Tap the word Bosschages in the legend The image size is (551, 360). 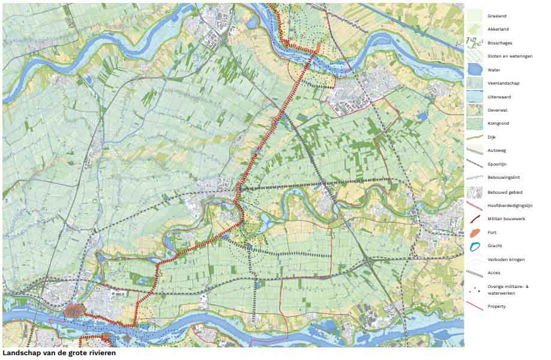click(x=499, y=43)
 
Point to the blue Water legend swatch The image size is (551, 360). click(x=474, y=70)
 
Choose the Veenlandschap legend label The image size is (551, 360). click(x=502, y=83)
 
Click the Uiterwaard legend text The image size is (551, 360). click(x=499, y=97)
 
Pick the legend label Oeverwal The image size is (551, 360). click(x=498, y=110)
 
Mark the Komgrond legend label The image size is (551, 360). click(x=498, y=124)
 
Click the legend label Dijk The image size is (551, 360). click(x=492, y=137)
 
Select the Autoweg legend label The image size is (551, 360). click(x=496, y=151)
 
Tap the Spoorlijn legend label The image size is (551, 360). click(x=498, y=164)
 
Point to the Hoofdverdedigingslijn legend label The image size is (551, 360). click(x=510, y=205)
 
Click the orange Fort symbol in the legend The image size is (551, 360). click(x=474, y=232)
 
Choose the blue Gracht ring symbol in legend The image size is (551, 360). click(x=474, y=246)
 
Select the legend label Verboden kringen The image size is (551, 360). click(x=506, y=259)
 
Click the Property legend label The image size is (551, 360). click(x=496, y=307)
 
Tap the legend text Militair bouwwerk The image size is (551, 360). click(x=507, y=219)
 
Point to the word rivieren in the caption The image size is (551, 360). click(x=101, y=353)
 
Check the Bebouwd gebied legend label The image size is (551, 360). click(x=505, y=192)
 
